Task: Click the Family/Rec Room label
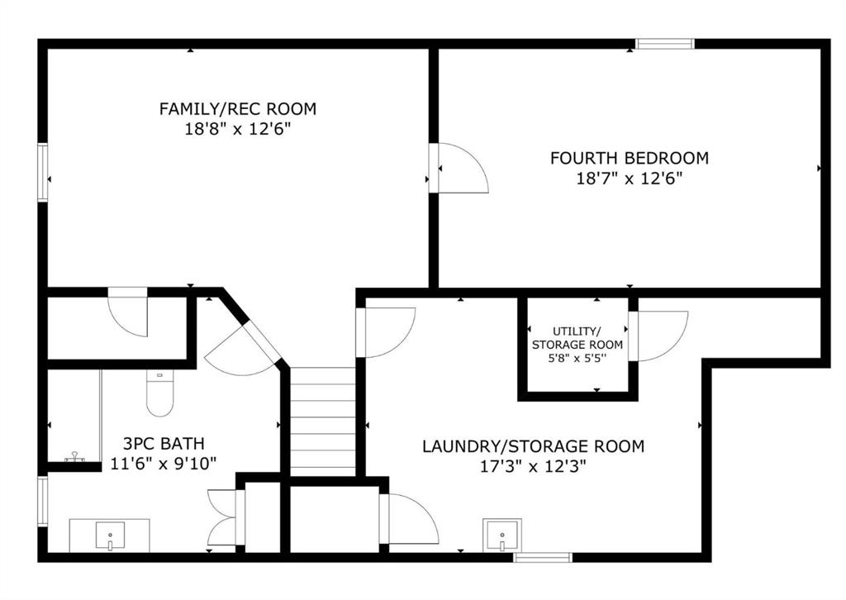pyautogui.click(x=237, y=109)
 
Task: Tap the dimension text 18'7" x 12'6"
pyautogui.click(x=629, y=178)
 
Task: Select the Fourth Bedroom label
pyautogui.click(x=629, y=158)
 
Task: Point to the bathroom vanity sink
pyautogui.click(x=110, y=536)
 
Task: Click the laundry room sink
pyautogui.click(x=502, y=536)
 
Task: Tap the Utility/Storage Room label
pyautogui.click(x=577, y=338)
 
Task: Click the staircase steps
pyautogui.click(x=323, y=421)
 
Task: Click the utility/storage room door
pyautogui.click(x=658, y=336)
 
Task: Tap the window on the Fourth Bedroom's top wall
pyautogui.click(x=665, y=44)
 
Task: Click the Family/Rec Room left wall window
pyautogui.click(x=43, y=172)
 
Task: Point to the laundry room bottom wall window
pyautogui.click(x=542, y=557)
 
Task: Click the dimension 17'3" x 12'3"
pyautogui.click(x=533, y=465)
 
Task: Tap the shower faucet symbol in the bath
pyautogui.click(x=74, y=458)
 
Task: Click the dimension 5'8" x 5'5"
pyautogui.click(x=577, y=359)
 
